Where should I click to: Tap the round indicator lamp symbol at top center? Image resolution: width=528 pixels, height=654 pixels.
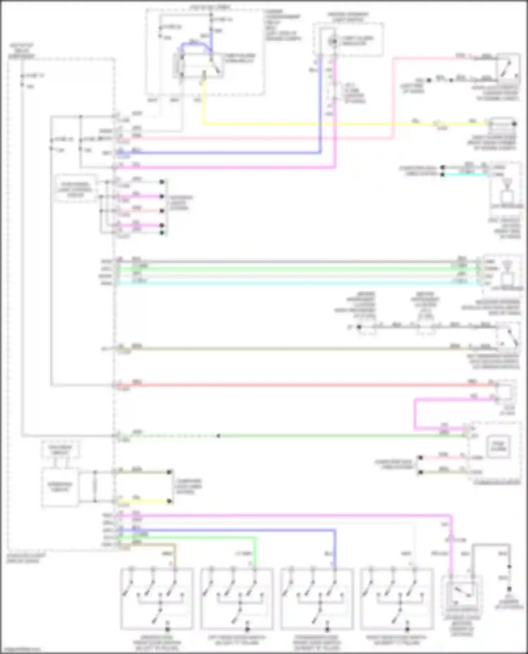332,41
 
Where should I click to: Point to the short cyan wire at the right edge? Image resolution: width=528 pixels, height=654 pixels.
465,175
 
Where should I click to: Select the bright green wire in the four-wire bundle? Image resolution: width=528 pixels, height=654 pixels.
289,269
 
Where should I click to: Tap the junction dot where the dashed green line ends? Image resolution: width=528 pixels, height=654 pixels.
219,436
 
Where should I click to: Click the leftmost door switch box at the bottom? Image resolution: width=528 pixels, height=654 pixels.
157,599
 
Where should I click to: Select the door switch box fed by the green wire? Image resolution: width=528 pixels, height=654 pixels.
237,599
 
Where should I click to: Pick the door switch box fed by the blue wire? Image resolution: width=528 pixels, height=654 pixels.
317,599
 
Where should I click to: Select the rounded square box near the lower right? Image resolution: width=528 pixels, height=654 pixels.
498,446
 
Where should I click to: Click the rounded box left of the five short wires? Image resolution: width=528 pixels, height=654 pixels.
75,190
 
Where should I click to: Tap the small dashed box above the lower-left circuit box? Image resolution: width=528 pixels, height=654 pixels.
60,450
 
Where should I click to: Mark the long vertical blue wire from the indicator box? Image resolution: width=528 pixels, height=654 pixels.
320,105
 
